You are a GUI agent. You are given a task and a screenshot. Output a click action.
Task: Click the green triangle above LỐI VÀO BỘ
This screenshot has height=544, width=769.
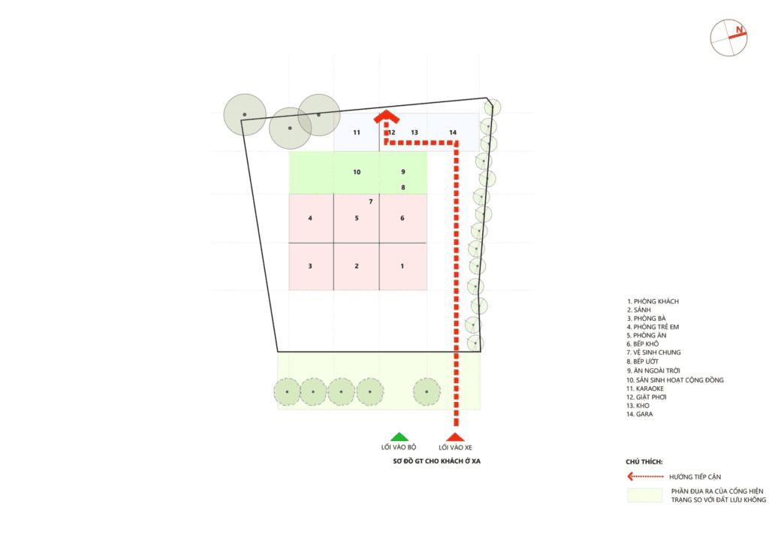coord(400,437)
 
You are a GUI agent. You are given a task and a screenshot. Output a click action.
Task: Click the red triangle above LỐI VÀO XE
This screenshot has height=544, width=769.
coord(455,437)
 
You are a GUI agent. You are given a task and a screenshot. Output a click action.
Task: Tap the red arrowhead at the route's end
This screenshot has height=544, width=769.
coord(387,116)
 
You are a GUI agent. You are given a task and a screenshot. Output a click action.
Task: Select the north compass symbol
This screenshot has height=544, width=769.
coord(728,38)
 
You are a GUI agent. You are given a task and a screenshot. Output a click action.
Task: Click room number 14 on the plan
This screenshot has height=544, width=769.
coord(453,132)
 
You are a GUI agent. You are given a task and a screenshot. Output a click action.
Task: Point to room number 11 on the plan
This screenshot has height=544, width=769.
coord(357,132)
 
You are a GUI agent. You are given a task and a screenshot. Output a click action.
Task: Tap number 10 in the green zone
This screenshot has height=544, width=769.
coord(357,172)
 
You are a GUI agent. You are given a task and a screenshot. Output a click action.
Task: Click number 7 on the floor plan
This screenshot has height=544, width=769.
coord(371,201)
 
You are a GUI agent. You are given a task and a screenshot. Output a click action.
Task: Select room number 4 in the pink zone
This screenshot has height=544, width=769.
coord(310,219)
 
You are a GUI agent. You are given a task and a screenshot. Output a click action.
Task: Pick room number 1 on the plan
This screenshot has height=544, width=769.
coord(403,266)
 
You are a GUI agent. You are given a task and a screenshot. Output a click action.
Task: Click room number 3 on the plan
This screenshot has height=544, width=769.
coord(310,266)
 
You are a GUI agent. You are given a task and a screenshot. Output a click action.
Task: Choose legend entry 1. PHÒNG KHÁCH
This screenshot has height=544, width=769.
coord(653,301)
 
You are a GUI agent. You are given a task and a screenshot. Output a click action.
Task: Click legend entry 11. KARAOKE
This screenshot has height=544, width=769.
coord(645,388)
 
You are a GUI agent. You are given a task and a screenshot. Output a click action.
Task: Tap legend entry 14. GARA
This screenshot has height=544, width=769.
coord(640,414)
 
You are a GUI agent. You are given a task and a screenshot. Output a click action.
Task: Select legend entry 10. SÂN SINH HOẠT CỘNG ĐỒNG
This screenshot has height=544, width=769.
coord(675,379)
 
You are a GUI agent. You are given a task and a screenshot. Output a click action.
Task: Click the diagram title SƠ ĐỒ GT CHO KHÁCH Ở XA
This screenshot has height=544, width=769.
coord(436,461)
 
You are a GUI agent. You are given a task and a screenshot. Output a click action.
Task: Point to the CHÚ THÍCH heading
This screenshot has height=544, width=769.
coord(644,461)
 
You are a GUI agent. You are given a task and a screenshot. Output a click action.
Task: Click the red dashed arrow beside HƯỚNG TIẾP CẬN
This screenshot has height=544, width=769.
coord(645,476)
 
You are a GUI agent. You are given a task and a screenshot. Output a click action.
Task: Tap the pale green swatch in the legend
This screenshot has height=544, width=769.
coord(645,495)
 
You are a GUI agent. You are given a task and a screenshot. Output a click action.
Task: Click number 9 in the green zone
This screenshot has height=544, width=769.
coord(403,172)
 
